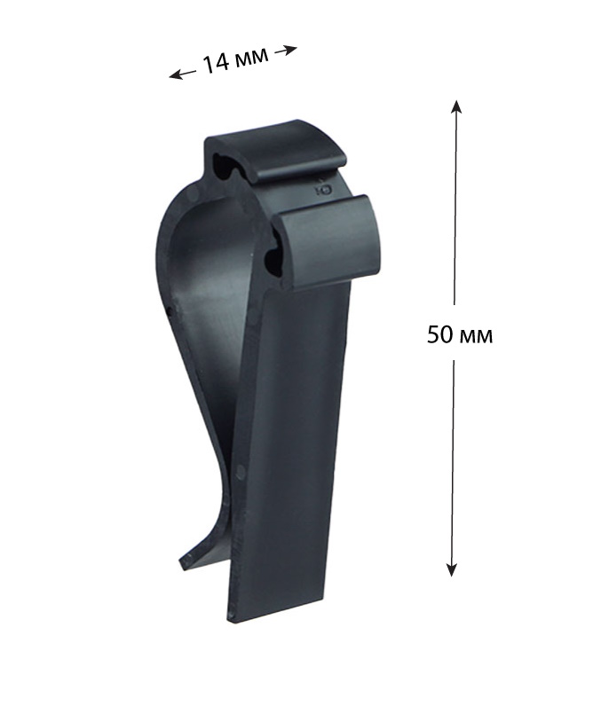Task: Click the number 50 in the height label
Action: [439, 334]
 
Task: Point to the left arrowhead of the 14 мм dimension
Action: [174, 75]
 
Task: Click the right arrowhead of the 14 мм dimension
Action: [291, 50]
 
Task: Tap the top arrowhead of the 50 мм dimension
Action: [456, 106]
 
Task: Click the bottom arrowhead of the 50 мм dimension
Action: [451, 570]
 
